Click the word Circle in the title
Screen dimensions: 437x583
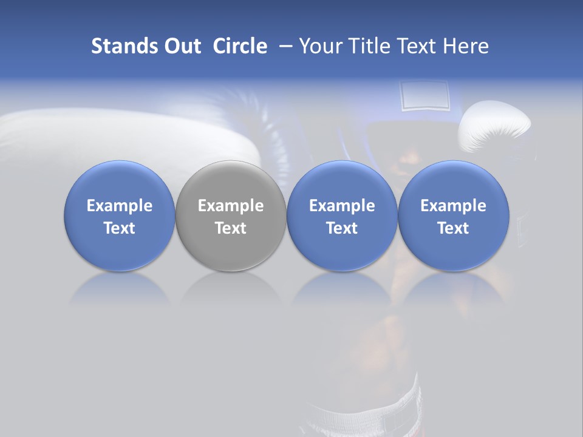[240, 46]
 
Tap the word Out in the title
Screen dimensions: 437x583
[181, 46]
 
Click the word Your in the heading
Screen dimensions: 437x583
[321, 46]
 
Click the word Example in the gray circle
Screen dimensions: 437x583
[231, 206]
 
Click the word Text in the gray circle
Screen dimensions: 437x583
[231, 228]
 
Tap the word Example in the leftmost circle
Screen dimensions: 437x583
[120, 206]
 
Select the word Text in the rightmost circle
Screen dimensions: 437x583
[454, 228]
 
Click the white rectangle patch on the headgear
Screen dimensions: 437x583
[424, 95]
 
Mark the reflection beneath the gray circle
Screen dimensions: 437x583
[231, 288]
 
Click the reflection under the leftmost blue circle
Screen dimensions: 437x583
[120, 288]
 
